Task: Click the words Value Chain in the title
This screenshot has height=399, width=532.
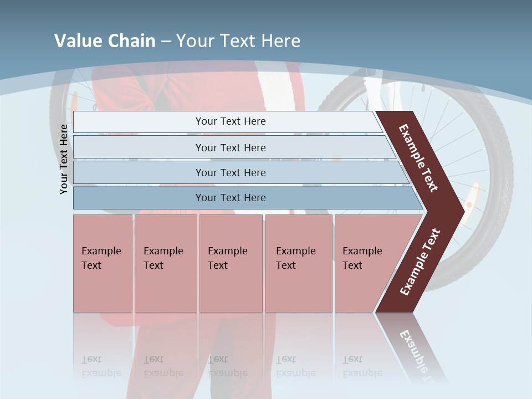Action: (x=105, y=41)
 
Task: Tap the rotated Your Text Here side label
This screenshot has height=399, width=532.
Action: (x=64, y=159)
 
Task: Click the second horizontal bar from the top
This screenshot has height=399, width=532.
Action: (x=230, y=147)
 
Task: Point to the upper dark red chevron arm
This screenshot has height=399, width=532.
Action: (x=418, y=158)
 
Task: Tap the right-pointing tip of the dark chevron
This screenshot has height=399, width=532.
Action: (x=458, y=210)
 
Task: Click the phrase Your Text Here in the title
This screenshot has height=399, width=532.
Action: (x=238, y=41)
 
